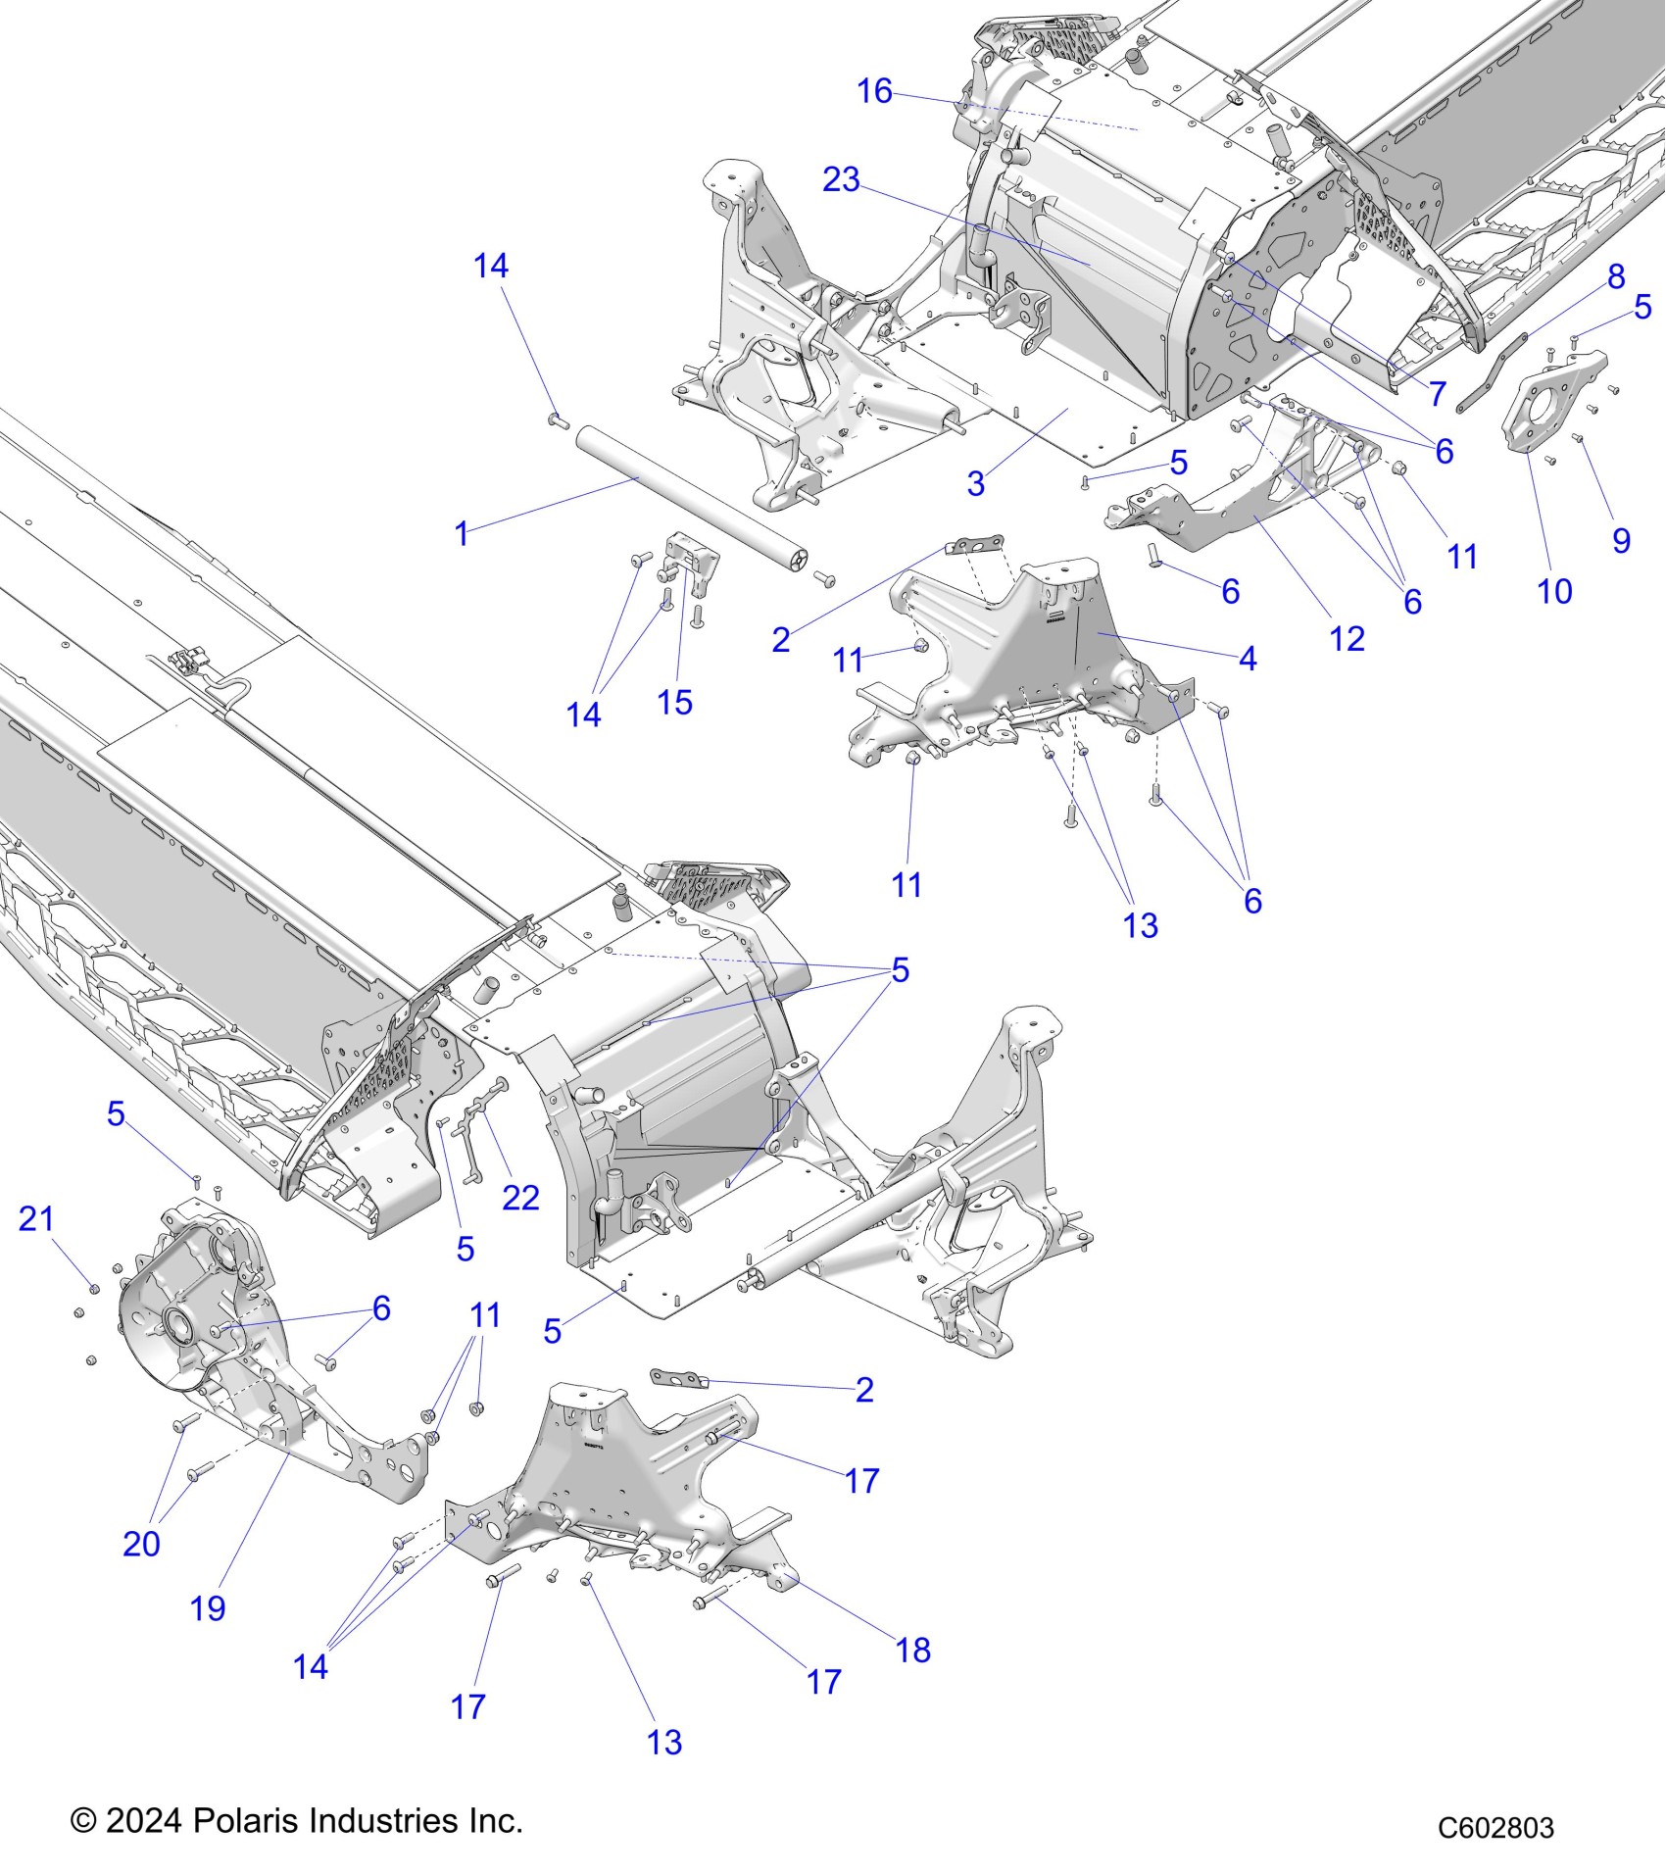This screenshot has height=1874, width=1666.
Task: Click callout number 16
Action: [874, 92]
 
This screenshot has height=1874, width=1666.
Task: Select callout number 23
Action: [841, 180]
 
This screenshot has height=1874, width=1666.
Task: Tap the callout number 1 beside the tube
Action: [462, 534]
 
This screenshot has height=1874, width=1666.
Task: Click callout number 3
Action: [975, 483]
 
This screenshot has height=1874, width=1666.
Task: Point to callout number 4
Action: [1248, 659]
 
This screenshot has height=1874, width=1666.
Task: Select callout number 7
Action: [1438, 394]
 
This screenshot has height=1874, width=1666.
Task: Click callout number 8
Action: [1616, 276]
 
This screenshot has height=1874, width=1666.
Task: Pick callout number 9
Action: [1621, 541]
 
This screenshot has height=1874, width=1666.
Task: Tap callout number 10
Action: [1554, 592]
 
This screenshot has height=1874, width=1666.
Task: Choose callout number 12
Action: [1347, 639]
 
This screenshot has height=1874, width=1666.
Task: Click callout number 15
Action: [674, 703]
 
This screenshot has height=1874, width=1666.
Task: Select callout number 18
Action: [913, 1651]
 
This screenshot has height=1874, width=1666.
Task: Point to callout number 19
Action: [208, 1608]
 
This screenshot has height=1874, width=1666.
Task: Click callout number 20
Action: [141, 1544]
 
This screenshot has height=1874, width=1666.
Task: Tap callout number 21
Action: [36, 1219]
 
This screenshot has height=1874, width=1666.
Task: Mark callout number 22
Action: [520, 1198]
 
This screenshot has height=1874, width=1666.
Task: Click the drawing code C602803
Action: [1495, 1828]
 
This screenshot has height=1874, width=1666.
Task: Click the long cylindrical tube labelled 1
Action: [686, 490]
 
